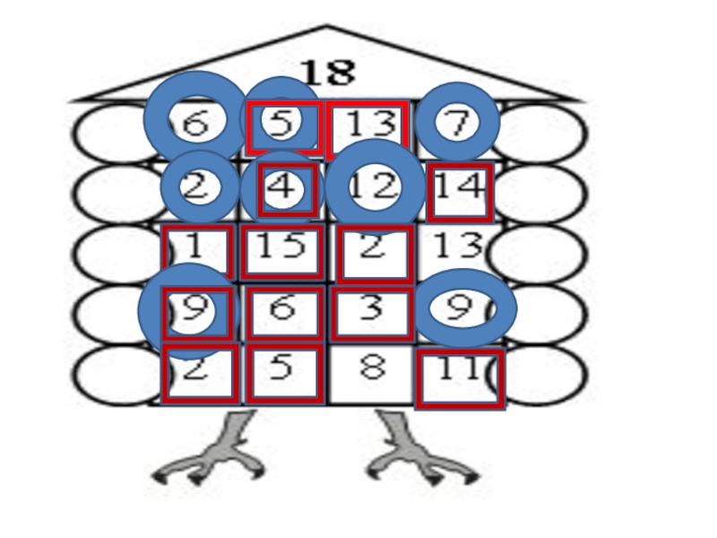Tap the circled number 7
[458, 123]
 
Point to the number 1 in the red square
[196, 247]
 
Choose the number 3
[371, 308]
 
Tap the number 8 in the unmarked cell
[371, 369]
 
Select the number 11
[459, 369]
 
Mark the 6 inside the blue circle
[194, 123]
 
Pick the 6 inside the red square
[282, 308]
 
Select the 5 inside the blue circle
[282, 123]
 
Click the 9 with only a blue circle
[460, 308]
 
